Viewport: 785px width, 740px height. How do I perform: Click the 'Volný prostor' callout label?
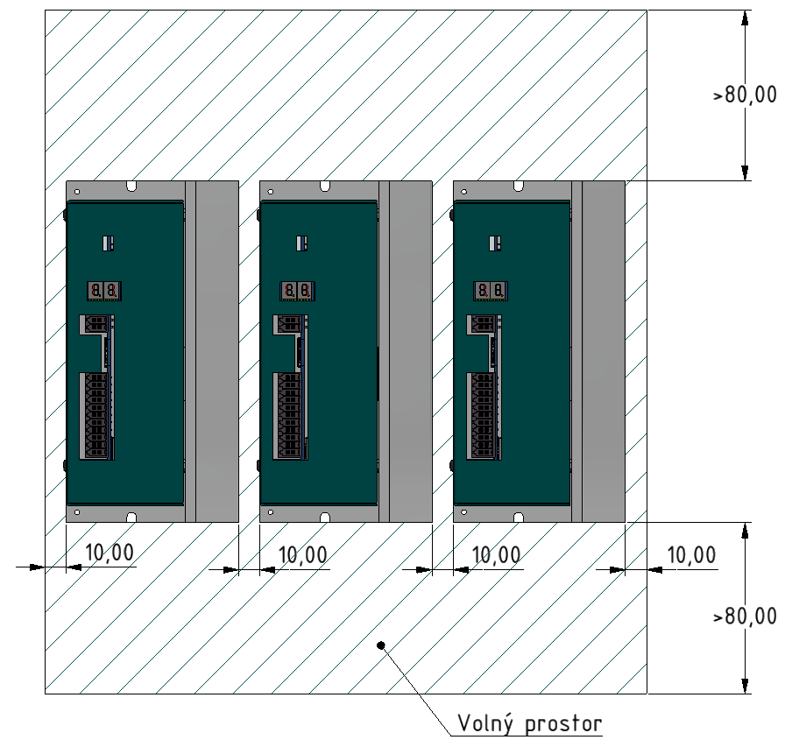coord(530,723)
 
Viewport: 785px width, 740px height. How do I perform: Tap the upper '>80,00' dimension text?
coord(745,95)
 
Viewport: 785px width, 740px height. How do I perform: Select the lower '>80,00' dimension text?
coord(745,616)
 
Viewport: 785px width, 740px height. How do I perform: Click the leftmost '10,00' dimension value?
coord(110,553)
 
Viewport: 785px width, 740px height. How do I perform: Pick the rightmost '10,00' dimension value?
coord(691,555)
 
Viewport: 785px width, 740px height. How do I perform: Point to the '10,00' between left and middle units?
coord(302,555)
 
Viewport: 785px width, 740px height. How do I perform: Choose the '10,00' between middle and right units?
coord(496,555)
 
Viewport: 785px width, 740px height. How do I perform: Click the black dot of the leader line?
coord(381,645)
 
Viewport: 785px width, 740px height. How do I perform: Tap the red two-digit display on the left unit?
coord(104,291)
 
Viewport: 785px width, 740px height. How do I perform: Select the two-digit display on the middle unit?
coord(297,291)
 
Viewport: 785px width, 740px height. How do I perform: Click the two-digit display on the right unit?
coord(492,291)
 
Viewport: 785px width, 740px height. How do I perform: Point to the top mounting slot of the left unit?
coord(131,186)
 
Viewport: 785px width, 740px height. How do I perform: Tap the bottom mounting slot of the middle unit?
coord(325,518)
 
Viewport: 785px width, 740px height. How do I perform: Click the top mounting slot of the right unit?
coord(519,186)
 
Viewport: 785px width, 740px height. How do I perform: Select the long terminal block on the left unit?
coord(96,416)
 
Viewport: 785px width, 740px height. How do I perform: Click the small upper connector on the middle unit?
coord(289,324)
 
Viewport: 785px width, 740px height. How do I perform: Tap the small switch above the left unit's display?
coord(108,243)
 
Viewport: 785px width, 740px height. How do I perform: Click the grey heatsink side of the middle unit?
coord(411,351)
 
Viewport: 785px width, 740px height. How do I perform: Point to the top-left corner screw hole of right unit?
coord(464,192)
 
